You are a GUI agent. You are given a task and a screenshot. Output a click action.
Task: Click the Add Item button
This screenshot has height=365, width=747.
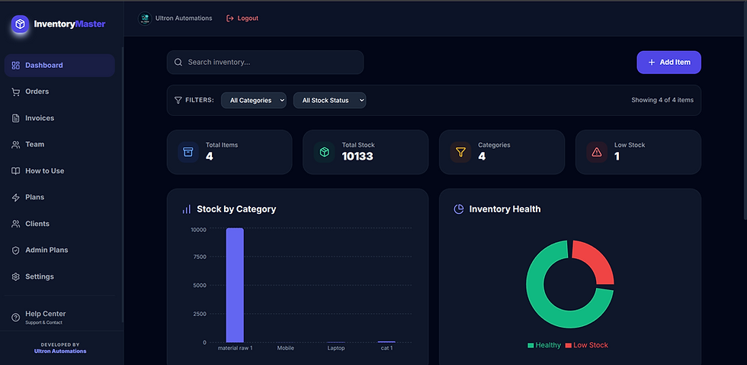pyautogui.click(x=669, y=63)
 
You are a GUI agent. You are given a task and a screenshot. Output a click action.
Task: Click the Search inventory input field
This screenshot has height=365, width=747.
pyautogui.click(x=265, y=63)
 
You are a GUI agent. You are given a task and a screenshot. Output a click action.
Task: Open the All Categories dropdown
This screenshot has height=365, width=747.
pyautogui.click(x=253, y=100)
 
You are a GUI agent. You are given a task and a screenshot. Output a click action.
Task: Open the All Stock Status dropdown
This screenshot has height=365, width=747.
pyautogui.click(x=329, y=100)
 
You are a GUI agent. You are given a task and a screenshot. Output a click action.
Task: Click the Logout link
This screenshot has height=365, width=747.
pyautogui.click(x=242, y=18)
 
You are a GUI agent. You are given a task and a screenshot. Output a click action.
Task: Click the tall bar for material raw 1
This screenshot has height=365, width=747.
pyautogui.click(x=235, y=286)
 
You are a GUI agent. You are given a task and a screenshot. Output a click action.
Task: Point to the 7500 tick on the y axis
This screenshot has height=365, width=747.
pyautogui.click(x=199, y=257)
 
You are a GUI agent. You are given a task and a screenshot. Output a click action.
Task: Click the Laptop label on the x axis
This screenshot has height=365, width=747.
pyautogui.click(x=336, y=348)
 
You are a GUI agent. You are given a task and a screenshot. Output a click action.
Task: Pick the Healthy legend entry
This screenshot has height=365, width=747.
pyautogui.click(x=544, y=345)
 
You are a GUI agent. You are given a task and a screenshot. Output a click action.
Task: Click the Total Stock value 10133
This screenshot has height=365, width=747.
pyautogui.click(x=357, y=156)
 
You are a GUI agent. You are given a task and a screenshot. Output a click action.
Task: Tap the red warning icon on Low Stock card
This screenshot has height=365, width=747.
pyautogui.click(x=596, y=152)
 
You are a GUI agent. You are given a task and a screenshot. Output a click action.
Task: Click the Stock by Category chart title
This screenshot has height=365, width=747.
pyautogui.click(x=236, y=209)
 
